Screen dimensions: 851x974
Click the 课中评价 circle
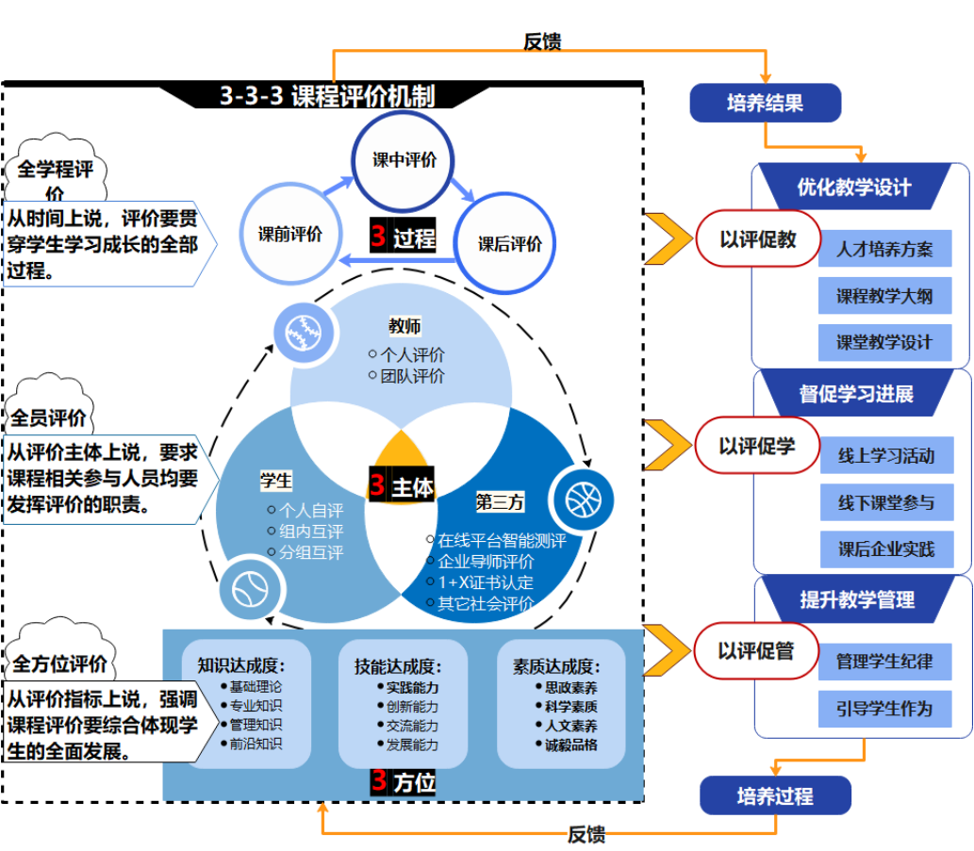(x=404, y=161)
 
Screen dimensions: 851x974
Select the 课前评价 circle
(x=290, y=234)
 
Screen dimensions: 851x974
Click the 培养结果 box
(x=765, y=103)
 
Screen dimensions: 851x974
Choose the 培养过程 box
(x=775, y=796)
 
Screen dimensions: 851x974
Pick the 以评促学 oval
(x=756, y=446)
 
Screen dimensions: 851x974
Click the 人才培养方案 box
(x=884, y=250)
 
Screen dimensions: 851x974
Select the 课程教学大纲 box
(x=884, y=297)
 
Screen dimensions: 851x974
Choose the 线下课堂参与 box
(x=886, y=502)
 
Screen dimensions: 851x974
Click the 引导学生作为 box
(x=884, y=708)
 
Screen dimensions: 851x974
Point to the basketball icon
(x=582, y=497)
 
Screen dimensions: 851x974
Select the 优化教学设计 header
(x=854, y=187)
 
